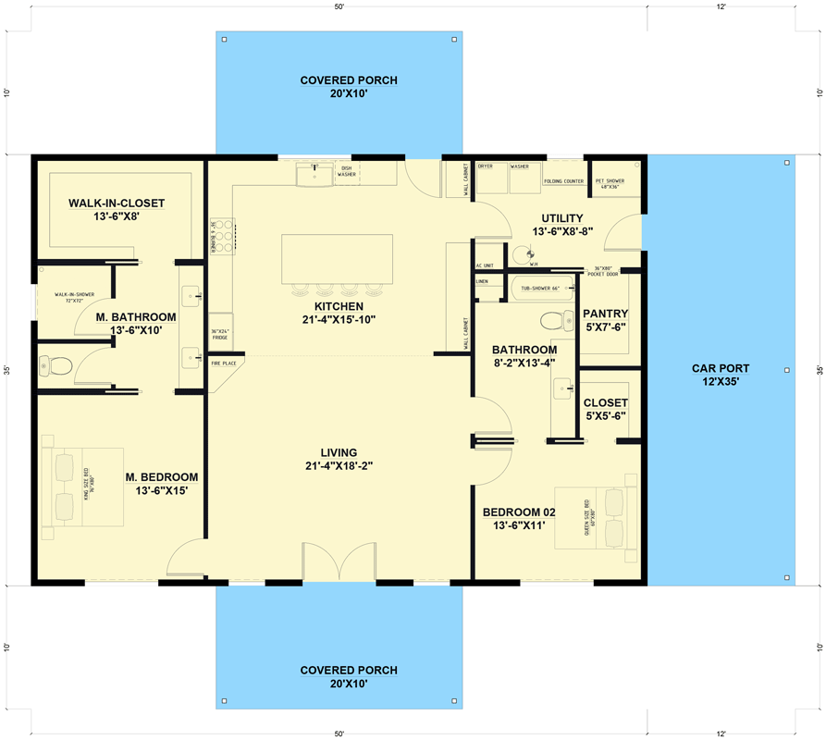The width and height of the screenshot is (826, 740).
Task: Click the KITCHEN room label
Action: [338, 306]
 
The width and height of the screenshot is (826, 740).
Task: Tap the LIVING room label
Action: [339, 452]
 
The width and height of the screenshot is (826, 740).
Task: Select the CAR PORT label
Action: [721, 368]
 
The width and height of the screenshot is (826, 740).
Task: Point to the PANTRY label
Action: [606, 314]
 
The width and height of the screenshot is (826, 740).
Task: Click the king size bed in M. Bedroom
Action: [81, 487]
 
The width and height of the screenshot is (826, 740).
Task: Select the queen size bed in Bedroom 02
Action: [595, 517]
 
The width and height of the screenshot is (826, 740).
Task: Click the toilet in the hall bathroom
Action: [554, 321]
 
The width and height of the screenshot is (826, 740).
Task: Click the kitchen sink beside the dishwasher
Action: [314, 173]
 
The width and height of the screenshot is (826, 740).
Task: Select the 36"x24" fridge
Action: [220, 334]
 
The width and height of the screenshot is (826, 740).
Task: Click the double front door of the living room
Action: [339, 563]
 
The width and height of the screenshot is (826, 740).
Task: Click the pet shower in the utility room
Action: [610, 183]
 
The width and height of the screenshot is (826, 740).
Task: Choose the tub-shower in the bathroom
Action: [541, 289]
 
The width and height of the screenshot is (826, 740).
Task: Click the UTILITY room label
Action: [561, 218]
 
